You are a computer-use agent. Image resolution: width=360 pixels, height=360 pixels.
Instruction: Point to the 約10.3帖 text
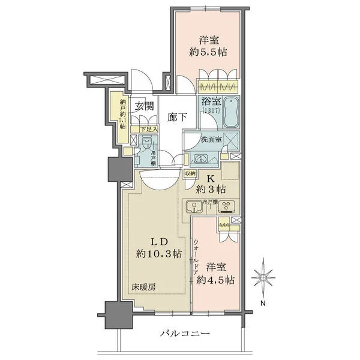[158, 254]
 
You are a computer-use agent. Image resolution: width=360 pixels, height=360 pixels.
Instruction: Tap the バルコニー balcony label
[185, 334]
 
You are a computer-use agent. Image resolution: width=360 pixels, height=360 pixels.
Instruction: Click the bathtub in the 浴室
[230, 113]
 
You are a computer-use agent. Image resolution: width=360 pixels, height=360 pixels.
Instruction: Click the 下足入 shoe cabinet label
[149, 128]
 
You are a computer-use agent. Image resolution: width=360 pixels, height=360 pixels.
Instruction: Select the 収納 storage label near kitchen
[190, 173]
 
